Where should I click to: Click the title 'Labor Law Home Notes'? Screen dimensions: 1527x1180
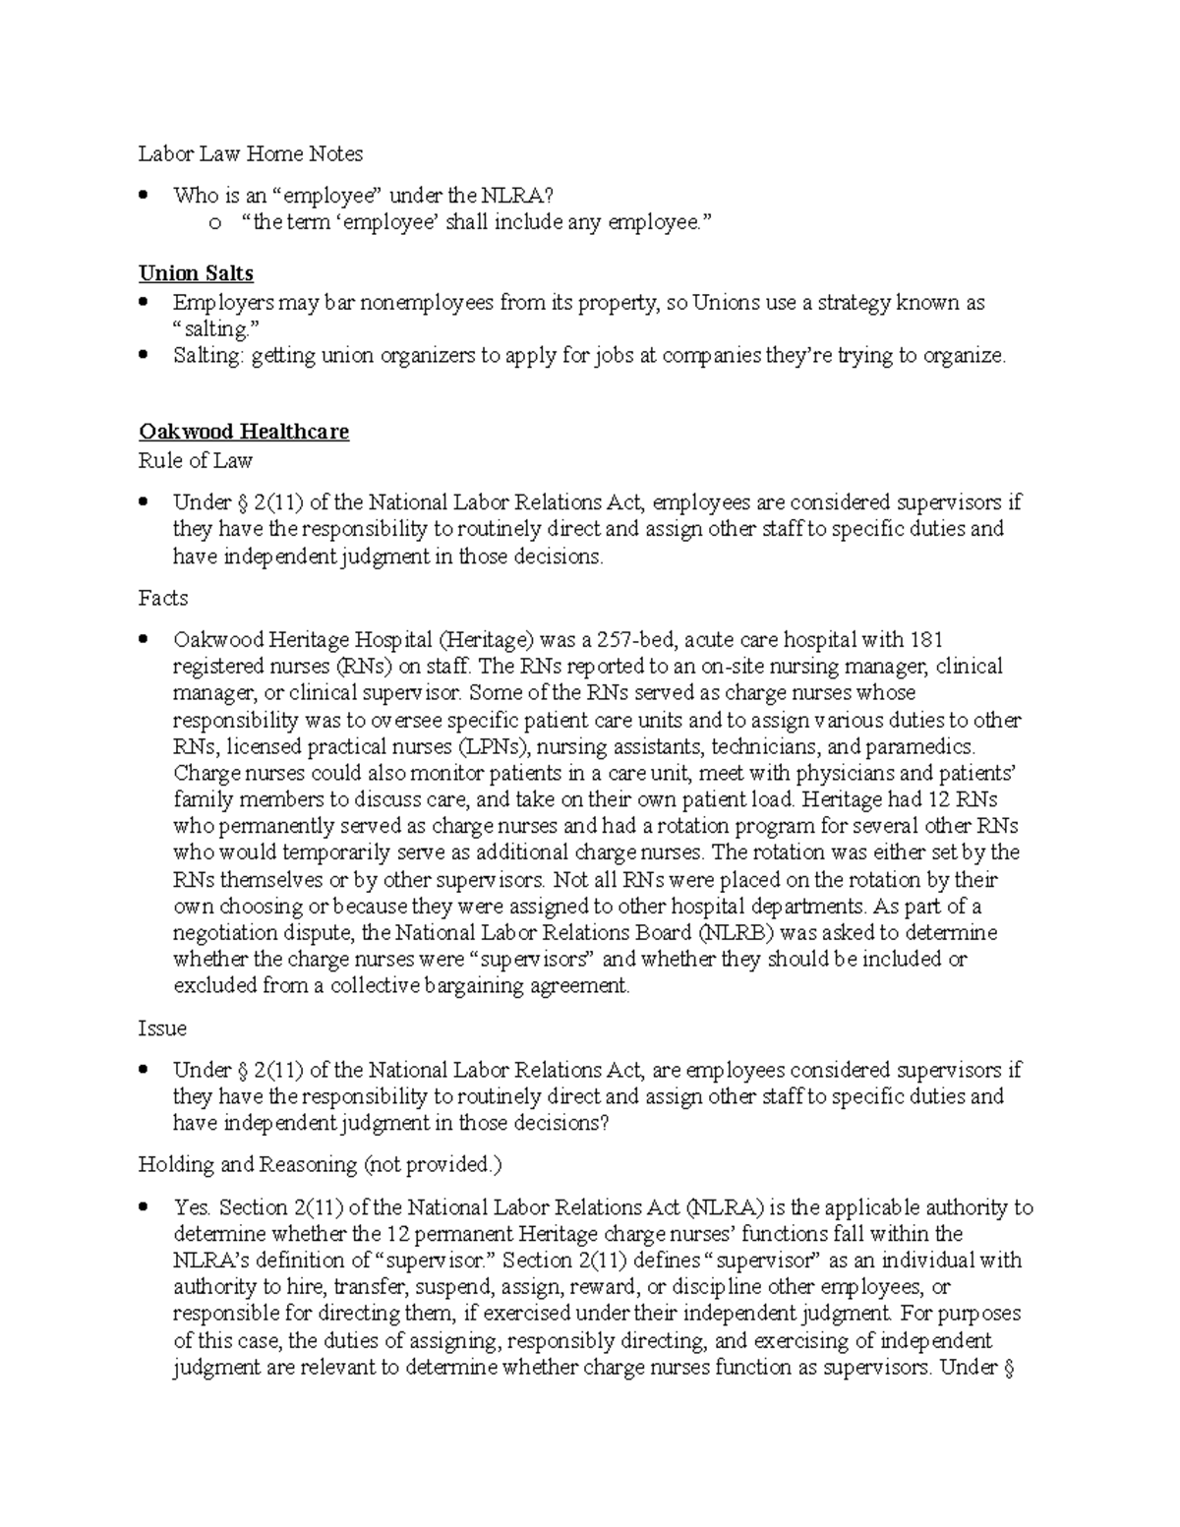tap(250, 153)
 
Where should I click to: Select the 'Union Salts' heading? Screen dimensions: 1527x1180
tap(196, 273)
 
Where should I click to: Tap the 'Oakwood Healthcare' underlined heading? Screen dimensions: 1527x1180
tap(243, 432)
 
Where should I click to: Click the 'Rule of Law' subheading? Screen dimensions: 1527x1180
tap(195, 460)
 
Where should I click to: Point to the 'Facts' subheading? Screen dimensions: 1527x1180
tap(162, 598)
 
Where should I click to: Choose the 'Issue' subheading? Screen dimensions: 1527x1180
tap(162, 1028)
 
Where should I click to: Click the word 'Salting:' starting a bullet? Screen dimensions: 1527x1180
tap(207, 356)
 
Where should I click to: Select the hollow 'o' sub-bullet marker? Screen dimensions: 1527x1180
tap(213, 223)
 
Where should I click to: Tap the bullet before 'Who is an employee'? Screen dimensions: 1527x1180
tap(145, 195)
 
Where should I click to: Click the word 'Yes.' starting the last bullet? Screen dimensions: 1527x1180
tap(192, 1206)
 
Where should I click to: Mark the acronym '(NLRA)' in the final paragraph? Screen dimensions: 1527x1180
tap(722, 1206)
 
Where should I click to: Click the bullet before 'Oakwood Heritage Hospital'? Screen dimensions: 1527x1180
tap(145, 639)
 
